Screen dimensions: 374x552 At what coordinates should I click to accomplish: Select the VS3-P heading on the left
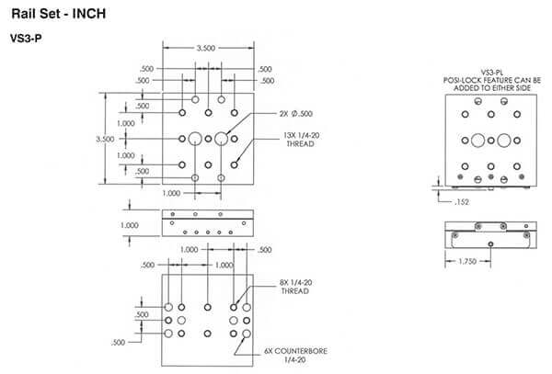[25, 40]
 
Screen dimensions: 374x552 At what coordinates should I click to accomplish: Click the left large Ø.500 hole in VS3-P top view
[195, 140]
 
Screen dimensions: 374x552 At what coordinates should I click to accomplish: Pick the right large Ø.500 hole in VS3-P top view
[221, 140]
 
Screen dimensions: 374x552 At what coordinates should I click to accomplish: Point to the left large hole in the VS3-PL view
[478, 141]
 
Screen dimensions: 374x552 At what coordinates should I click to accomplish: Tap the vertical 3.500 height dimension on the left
[107, 139]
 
